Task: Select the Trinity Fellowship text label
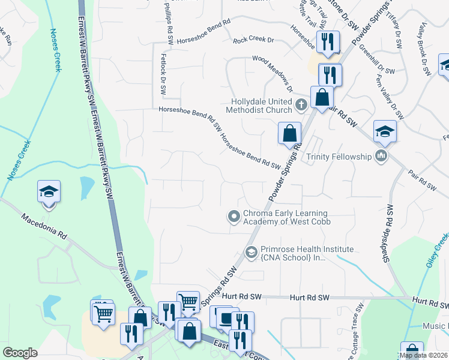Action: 339,157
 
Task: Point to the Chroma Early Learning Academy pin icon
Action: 234,216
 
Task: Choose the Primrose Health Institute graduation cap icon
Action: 251,252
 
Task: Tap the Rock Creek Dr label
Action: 253,40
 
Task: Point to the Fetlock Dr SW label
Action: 163,75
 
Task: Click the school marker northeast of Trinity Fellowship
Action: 385,131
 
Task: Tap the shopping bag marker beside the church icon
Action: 322,97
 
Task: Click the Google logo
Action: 20,353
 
